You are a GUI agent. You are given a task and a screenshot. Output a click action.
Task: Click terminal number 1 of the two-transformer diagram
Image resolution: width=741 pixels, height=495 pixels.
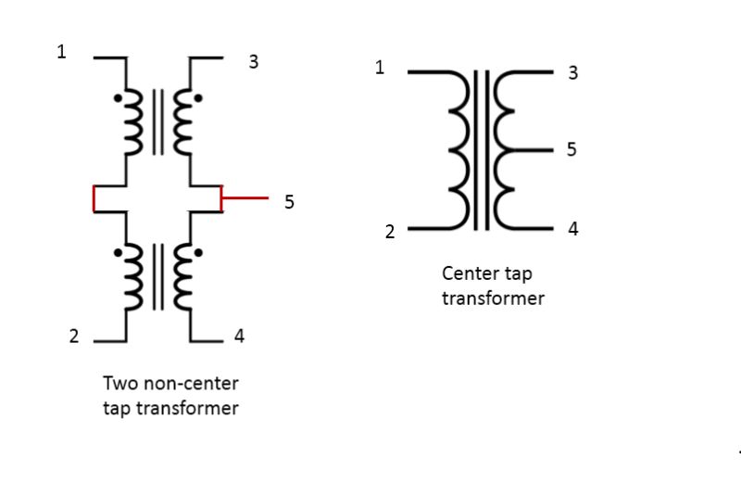[x=62, y=52]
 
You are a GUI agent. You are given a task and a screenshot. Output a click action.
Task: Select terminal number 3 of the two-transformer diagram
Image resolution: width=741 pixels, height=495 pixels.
[x=253, y=63]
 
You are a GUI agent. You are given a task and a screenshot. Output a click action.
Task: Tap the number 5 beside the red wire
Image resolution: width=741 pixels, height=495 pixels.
[x=289, y=201]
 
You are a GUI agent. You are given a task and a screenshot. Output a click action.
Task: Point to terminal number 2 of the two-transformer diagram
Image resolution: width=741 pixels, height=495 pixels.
[x=74, y=336]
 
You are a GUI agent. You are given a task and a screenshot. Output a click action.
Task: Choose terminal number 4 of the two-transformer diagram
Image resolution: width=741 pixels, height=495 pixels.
[x=239, y=336]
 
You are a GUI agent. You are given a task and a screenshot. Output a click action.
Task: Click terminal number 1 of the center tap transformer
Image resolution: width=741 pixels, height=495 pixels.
[x=380, y=67]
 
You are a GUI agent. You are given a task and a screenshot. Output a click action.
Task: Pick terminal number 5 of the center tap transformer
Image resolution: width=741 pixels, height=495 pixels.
[x=571, y=149]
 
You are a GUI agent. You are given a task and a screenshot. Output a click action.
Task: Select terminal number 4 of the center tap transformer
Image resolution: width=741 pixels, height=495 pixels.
[x=573, y=228]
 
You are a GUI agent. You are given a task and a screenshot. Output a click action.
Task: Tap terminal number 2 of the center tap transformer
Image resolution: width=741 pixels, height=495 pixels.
[x=390, y=232]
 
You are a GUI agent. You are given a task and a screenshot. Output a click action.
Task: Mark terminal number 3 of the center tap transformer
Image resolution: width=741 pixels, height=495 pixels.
[x=573, y=72]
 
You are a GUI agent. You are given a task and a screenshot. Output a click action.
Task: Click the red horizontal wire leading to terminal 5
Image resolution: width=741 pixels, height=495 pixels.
[x=245, y=198]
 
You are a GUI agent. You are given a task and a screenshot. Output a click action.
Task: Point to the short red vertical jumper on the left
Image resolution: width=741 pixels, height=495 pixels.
[x=94, y=198]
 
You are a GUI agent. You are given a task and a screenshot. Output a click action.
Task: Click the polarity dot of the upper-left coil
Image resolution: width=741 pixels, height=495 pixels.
[x=117, y=96]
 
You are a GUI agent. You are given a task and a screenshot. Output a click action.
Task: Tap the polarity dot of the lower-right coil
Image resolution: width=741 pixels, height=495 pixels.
[x=197, y=251]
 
